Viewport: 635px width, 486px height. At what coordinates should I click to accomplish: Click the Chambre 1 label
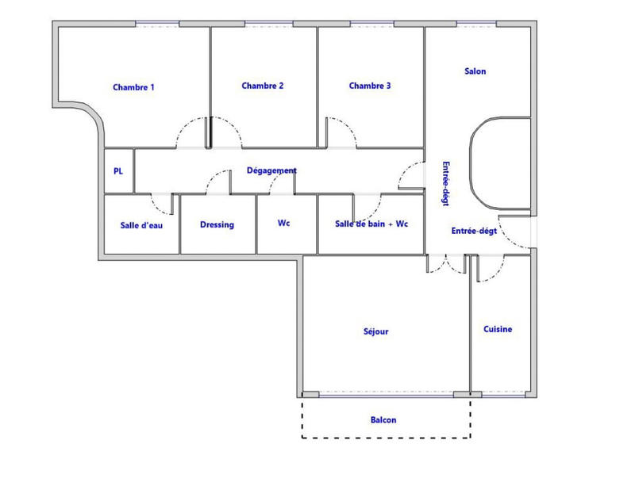pyautogui.click(x=133, y=87)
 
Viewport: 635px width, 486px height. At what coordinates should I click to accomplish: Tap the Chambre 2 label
pyautogui.click(x=263, y=86)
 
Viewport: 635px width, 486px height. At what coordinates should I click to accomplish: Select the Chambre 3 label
pyautogui.click(x=370, y=86)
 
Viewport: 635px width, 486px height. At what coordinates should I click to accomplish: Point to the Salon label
pyautogui.click(x=475, y=71)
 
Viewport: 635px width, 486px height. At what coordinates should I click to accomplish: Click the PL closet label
pyautogui.click(x=118, y=170)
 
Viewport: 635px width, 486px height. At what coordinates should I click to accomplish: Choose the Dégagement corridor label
pyautogui.click(x=272, y=170)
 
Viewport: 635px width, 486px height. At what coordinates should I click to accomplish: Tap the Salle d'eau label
pyautogui.click(x=140, y=224)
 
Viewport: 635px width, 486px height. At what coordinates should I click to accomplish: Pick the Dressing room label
pyautogui.click(x=217, y=224)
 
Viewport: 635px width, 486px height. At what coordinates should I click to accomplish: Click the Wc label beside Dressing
pyautogui.click(x=284, y=224)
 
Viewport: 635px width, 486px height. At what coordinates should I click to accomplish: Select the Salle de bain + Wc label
pyautogui.click(x=371, y=224)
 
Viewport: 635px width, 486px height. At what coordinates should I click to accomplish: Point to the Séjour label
pyautogui.click(x=375, y=331)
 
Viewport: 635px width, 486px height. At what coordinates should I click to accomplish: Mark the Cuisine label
pyautogui.click(x=498, y=329)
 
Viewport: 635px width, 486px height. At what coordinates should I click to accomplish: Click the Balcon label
pyautogui.click(x=383, y=420)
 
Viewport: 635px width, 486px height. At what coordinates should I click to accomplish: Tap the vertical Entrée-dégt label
pyautogui.click(x=445, y=185)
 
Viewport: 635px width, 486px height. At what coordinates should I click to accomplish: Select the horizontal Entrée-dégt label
pyautogui.click(x=475, y=232)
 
